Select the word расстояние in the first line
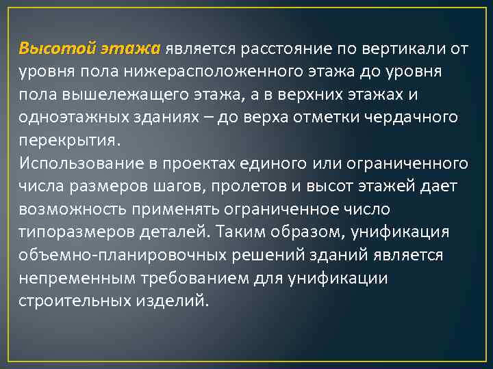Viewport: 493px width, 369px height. [283, 49]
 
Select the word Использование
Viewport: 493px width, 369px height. [79, 164]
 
